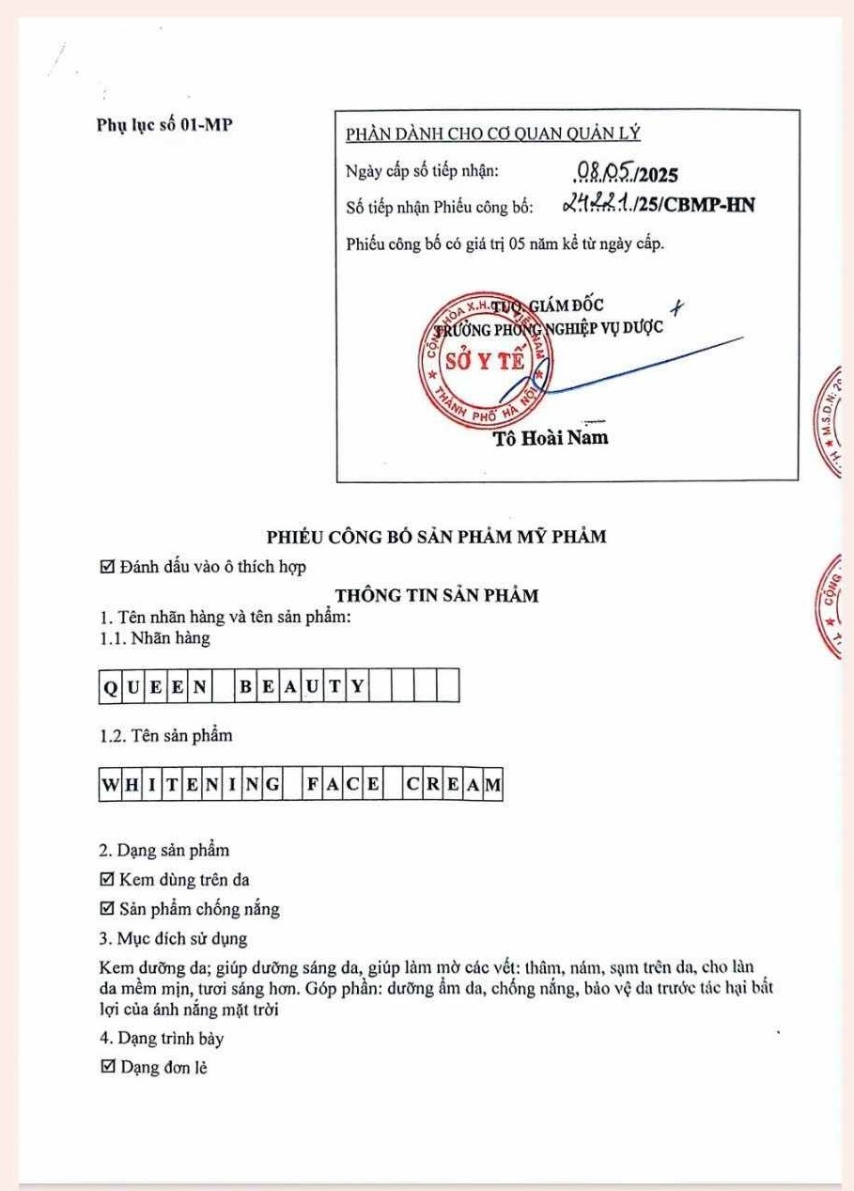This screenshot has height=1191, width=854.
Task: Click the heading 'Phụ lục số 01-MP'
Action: point(164,124)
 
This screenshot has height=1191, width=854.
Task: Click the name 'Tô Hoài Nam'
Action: point(551,437)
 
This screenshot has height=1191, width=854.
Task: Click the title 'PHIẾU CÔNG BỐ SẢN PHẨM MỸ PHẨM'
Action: point(436,537)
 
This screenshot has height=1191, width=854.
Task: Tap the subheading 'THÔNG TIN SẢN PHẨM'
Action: point(437,594)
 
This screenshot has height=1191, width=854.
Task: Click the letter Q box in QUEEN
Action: point(110,685)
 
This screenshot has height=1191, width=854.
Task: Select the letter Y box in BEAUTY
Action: point(357,685)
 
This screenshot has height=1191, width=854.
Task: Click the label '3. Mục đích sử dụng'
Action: point(173,938)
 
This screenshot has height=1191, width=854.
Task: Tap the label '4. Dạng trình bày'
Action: point(161,1039)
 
